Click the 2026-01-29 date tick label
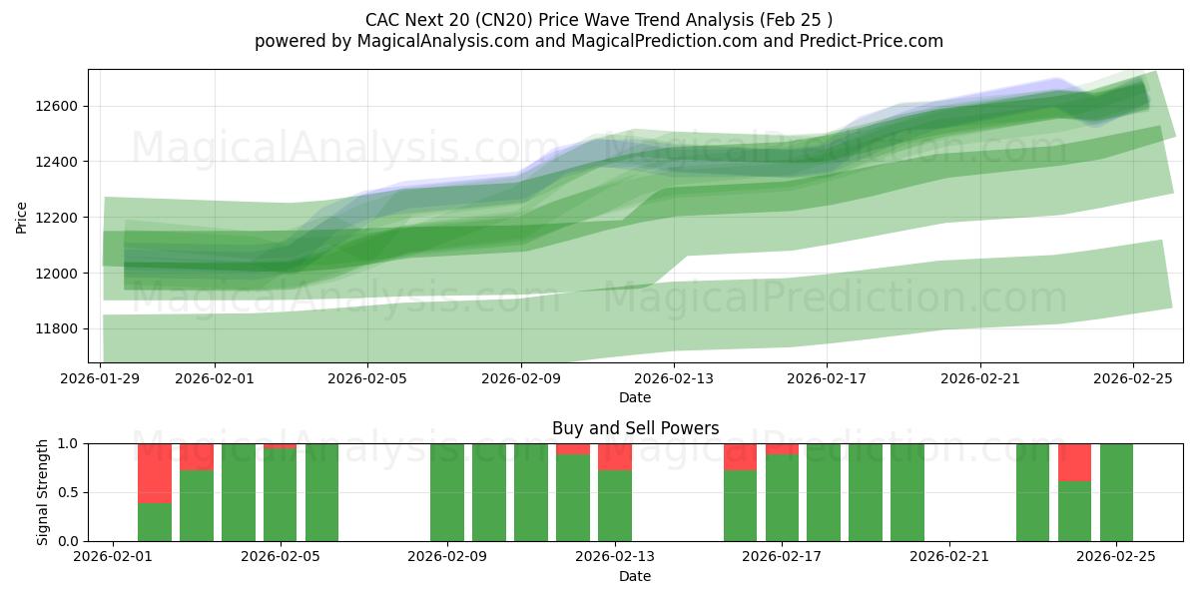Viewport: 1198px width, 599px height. point(102,379)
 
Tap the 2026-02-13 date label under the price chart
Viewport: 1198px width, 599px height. point(674,379)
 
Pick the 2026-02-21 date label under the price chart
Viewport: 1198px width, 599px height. point(979,379)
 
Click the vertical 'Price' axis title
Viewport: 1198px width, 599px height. point(22,217)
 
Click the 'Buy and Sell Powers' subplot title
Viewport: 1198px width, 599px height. point(635,428)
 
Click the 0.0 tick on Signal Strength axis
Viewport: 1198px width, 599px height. point(70,541)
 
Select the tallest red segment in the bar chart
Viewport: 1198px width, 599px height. point(155,473)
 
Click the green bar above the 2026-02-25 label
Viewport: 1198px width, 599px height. point(1116,492)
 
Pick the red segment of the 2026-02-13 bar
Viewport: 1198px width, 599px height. point(615,457)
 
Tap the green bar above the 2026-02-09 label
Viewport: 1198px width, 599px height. point(447,492)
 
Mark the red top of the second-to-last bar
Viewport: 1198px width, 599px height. point(1074,462)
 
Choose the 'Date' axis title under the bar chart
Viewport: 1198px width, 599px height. point(635,576)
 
